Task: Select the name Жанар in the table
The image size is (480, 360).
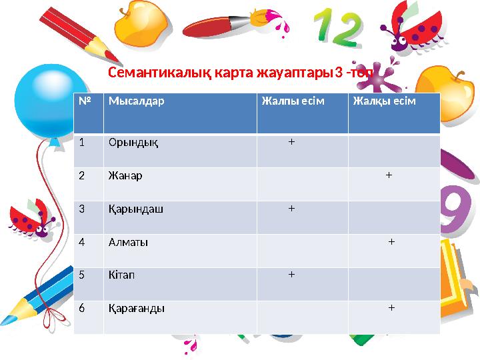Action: pos(125,176)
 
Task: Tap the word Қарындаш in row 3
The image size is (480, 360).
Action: pos(136,209)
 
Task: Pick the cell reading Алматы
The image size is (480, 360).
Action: pos(128,242)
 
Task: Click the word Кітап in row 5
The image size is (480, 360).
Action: pos(123,275)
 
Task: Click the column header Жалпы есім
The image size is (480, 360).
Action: pos(293,101)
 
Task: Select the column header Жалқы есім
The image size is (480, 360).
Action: pos(384,101)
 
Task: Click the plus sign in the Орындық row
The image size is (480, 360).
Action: pos(291,142)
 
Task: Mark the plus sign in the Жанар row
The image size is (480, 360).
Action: pos(389,175)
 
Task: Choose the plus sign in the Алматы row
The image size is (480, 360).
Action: pos(391,241)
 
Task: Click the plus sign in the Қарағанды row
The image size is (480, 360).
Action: pos(391,307)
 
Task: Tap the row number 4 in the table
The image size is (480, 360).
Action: pos(82,242)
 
